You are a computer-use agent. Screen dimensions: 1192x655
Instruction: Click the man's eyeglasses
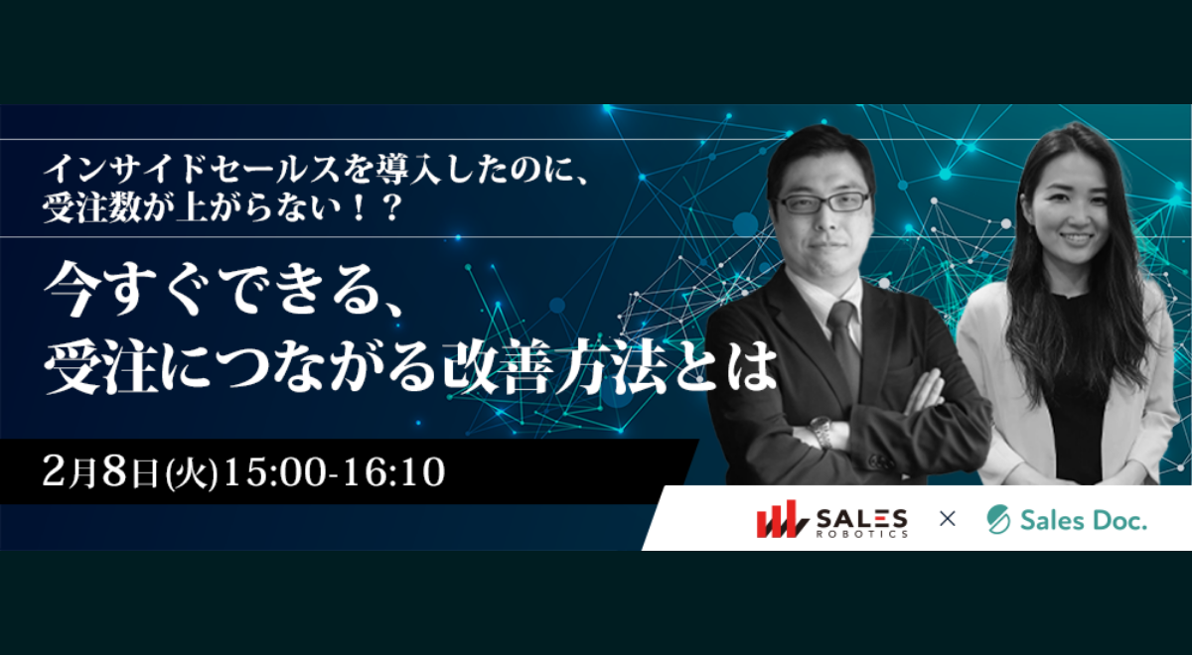pos(823,202)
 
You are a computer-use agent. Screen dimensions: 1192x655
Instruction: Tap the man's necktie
pos(844,345)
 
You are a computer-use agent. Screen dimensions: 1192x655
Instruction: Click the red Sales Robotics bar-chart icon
pos(783,519)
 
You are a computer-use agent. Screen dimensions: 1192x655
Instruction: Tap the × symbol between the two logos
pos(948,518)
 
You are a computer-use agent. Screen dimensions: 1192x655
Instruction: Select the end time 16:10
pos(394,472)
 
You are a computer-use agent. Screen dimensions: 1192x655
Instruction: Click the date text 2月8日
pos(100,472)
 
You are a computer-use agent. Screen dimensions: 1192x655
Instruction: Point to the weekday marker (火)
pos(192,473)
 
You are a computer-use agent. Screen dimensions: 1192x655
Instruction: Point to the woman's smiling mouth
pos(1076,238)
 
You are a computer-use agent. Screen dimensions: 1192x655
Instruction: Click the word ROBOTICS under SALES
pos(862,534)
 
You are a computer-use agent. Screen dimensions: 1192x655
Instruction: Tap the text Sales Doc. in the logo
pos(1084,519)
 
